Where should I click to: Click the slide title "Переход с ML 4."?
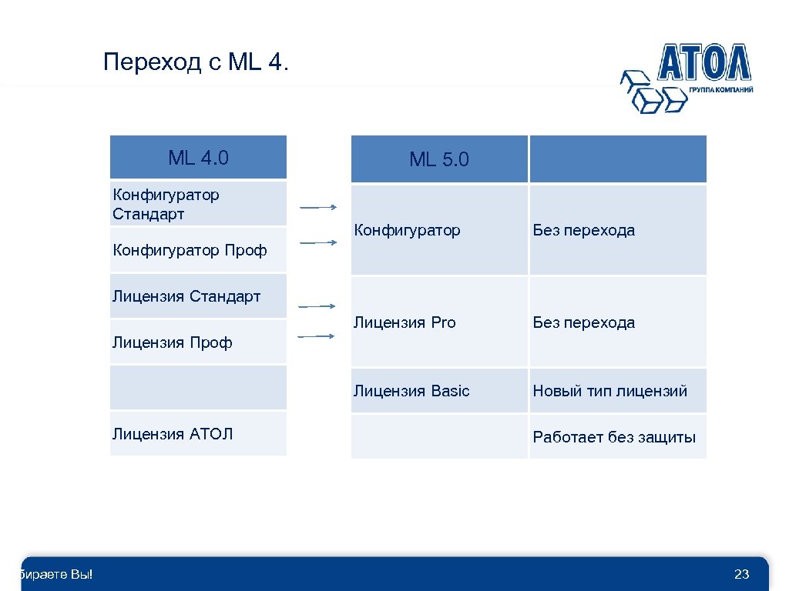point(196,62)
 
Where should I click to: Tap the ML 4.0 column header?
point(198,159)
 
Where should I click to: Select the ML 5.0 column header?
point(439,160)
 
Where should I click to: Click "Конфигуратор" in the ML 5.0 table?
point(407,230)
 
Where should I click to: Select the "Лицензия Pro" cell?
point(405,322)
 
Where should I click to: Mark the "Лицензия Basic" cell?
point(411,391)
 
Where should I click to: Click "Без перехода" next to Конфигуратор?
point(584,230)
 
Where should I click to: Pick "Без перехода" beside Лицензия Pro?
point(584,322)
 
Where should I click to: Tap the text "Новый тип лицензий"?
point(609,391)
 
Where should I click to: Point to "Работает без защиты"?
point(614,437)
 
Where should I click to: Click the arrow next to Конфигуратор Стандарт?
point(317,208)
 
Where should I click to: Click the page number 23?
point(742,574)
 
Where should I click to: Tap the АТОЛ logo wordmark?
point(704,63)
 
